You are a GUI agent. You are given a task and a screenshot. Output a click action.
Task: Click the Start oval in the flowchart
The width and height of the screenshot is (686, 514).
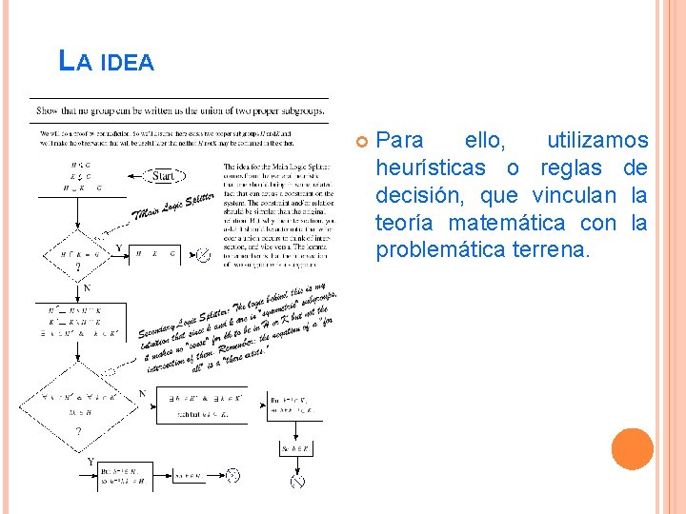coord(163,176)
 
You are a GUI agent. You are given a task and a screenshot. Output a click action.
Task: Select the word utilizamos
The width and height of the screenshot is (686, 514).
coord(596,141)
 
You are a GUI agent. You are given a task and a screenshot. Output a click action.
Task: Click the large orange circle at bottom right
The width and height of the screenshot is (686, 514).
coord(632,449)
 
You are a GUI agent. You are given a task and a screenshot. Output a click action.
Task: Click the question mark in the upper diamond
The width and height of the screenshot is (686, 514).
coord(77,268)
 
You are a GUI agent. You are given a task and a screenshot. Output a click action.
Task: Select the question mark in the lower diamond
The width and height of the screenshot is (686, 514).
coord(77,430)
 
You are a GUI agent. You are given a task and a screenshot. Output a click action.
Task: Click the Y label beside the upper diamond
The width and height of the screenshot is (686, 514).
coord(117,249)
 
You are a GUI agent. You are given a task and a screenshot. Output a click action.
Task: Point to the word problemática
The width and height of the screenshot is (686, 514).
coord(434,251)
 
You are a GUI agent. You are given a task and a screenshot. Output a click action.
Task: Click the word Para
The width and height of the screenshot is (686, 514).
coord(400,141)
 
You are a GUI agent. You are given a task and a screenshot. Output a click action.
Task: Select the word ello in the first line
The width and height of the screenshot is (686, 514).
coord(485,141)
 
